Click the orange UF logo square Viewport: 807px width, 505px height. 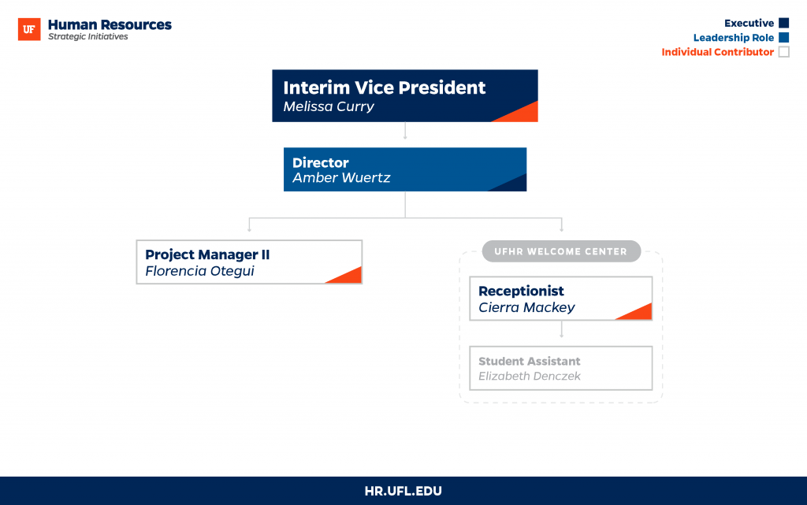(29, 29)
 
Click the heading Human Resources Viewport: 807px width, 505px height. (110, 24)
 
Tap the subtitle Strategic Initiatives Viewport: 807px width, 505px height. (88, 37)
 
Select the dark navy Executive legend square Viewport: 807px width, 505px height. (784, 23)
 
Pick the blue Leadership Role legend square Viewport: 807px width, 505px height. (784, 37)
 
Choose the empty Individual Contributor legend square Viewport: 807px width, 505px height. (784, 51)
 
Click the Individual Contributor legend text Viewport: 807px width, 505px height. (717, 52)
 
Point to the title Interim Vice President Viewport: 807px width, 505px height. (384, 87)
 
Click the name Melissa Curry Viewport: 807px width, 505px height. (329, 106)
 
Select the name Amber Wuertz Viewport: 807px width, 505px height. (341, 178)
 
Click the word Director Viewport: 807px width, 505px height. (321, 162)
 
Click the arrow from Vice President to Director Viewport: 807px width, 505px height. (405, 131)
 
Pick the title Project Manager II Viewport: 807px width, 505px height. (207, 254)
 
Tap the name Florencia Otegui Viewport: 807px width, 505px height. (199, 271)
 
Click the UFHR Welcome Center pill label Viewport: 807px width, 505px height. (561, 251)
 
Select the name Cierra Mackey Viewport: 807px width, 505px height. (526, 307)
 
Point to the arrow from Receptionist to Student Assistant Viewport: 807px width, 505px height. (561, 329)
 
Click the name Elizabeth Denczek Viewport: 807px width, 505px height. (529, 377)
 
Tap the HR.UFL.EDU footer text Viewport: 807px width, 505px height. (403, 491)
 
